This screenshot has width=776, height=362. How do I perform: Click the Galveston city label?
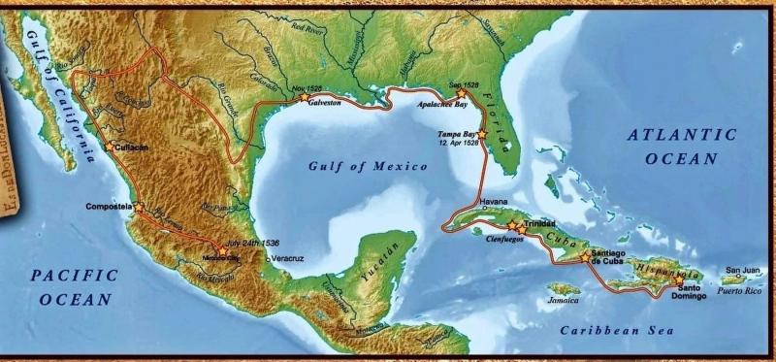(x=326, y=101)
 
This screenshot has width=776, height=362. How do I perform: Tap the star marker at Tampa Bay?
(x=480, y=134)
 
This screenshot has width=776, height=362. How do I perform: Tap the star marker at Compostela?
(x=139, y=207)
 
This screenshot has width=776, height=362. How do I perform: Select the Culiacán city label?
(x=131, y=148)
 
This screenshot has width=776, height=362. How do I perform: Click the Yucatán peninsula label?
(x=383, y=261)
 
